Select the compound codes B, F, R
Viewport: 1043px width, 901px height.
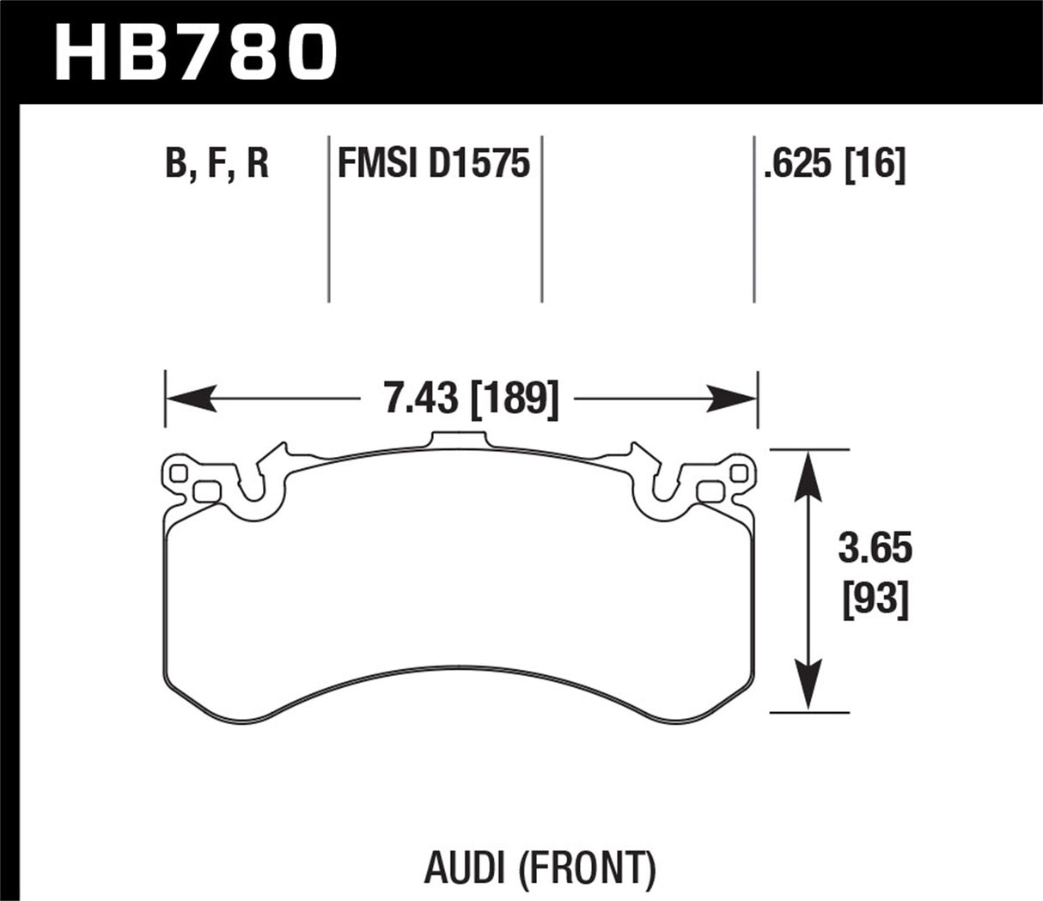coord(217,163)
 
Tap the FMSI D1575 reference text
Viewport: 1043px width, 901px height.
coord(434,163)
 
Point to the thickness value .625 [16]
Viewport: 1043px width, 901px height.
coord(833,163)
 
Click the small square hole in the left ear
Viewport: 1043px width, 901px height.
coord(179,473)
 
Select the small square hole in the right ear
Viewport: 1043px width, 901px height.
coord(737,473)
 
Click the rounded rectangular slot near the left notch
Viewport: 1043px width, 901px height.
coord(207,491)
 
